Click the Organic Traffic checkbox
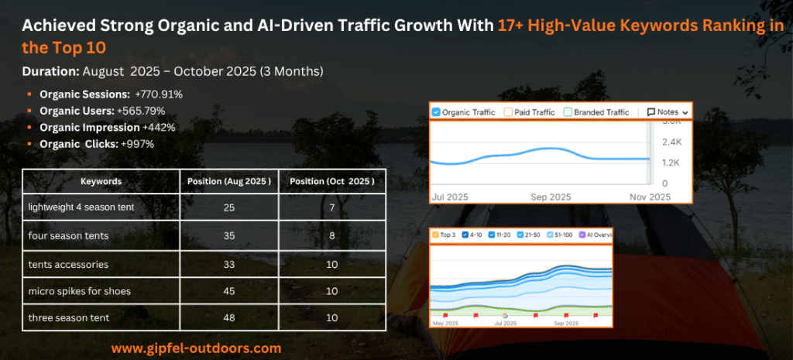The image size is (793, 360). pos(436,112)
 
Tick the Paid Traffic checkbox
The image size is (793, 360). pos(509,112)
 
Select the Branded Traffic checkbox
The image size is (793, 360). pos(568,112)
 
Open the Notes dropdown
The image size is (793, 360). pos(667,112)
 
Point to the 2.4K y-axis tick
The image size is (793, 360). pos(670,142)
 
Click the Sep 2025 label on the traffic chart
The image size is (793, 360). pos(550,197)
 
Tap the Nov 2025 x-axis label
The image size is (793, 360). pos(649,197)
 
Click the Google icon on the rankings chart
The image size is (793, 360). pos(505,316)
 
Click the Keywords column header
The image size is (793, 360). pos(101,181)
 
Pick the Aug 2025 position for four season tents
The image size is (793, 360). pos(228,235)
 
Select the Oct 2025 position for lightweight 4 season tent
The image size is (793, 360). pos(331,207)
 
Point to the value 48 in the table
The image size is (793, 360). pos(228,317)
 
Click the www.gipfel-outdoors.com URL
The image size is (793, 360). pos(196,348)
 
